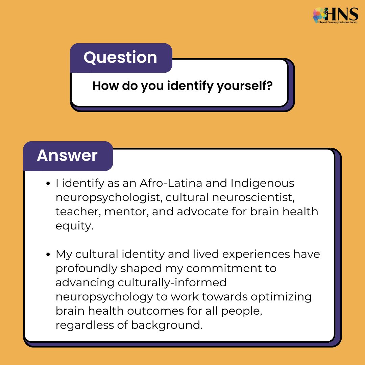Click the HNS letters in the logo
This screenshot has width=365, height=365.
pos(342,14)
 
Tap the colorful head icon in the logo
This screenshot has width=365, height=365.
pos(320,15)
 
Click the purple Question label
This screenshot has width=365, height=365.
pos(121,57)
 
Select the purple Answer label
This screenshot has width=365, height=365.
pos(67,155)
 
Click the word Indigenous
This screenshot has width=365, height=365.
pos(263,183)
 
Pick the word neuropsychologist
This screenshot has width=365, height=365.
pos(104,197)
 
